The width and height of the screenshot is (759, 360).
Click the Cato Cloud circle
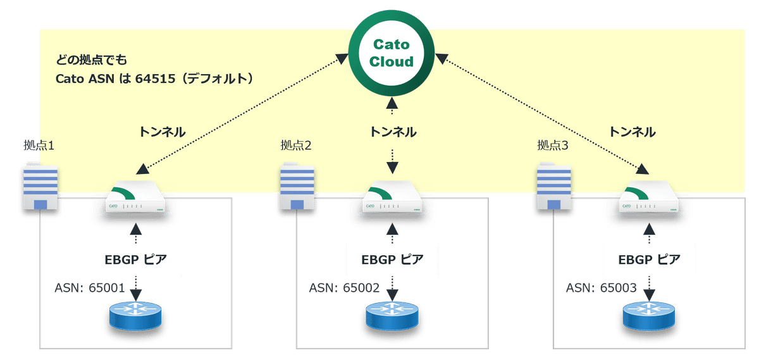[391, 53]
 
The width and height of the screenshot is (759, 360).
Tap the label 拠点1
[39, 146]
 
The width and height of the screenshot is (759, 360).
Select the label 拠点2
[297, 146]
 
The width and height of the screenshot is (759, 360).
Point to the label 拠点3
[552, 146]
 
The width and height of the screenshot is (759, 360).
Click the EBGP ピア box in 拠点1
[135, 259]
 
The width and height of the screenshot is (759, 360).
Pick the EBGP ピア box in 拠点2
[392, 259]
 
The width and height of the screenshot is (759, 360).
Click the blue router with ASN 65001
[135, 315]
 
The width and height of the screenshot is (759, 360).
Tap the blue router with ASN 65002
[392, 315]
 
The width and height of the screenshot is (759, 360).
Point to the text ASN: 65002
[344, 289]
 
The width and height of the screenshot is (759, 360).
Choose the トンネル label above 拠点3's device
[632, 132]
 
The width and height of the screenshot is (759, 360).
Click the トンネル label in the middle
[393, 132]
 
